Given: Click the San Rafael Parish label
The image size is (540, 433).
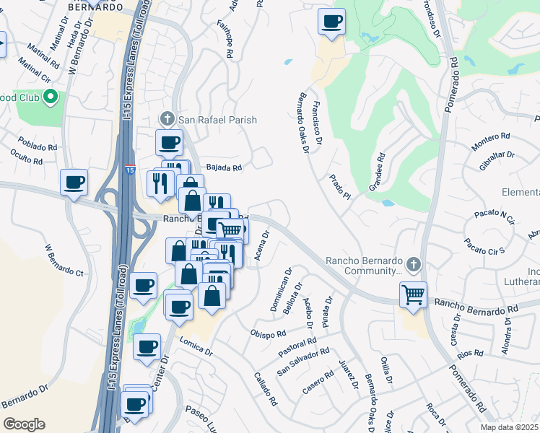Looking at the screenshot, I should [x=217, y=120].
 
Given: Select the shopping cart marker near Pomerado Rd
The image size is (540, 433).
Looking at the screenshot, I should [x=414, y=294].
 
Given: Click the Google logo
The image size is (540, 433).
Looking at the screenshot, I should [x=24, y=424].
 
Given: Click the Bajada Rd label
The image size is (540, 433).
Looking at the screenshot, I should [x=224, y=167].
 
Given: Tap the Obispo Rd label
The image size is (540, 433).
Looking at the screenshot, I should [x=269, y=333].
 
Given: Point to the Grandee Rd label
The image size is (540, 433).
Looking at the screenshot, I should [x=377, y=172].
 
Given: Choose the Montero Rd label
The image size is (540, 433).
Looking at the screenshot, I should [x=491, y=144].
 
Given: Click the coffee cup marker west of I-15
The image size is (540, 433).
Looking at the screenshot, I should [x=74, y=183].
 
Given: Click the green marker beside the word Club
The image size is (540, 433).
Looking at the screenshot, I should [x=50, y=97].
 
